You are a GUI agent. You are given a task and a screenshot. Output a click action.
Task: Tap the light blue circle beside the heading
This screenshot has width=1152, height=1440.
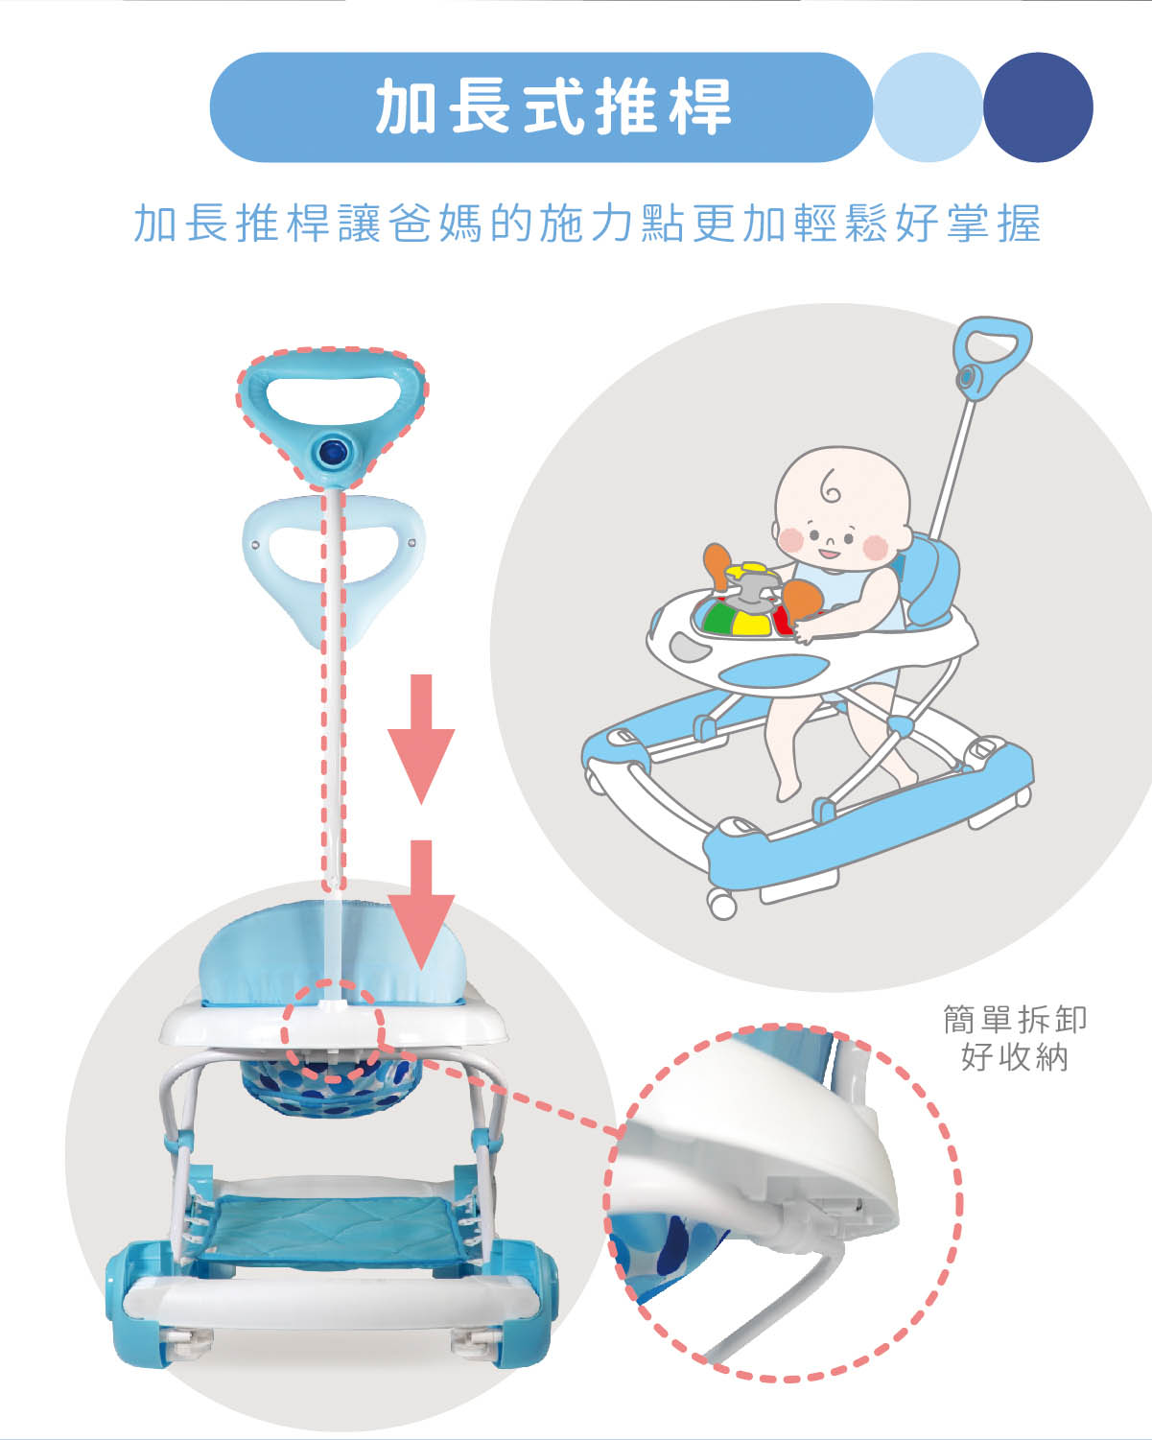click(x=927, y=106)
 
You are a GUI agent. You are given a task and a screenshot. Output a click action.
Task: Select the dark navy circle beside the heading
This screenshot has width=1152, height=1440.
click(x=1038, y=106)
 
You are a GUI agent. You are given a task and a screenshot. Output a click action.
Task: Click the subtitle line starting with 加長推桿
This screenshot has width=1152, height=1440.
click(x=586, y=224)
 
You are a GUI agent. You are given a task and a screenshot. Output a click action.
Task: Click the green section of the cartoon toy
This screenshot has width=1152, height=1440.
click(x=719, y=619)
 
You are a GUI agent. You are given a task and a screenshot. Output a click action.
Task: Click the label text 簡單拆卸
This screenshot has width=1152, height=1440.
click(x=1014, y=1019)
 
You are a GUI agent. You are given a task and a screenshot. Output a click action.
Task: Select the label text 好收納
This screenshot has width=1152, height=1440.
click(x=1014, y=1057)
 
